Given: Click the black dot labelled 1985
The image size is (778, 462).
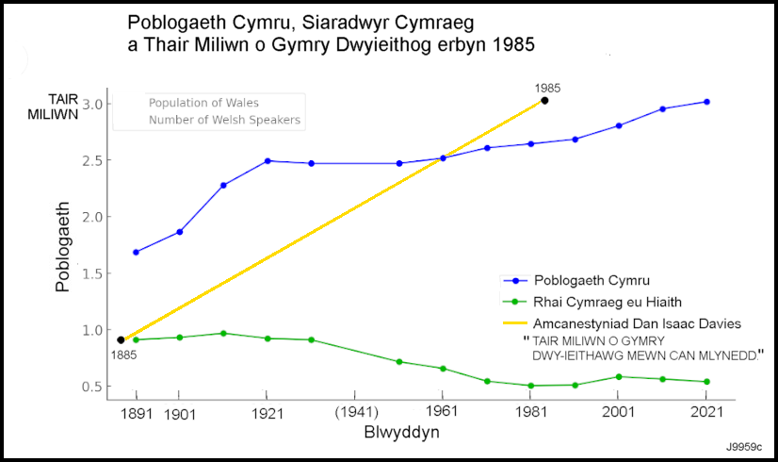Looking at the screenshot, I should (x=544, y=101).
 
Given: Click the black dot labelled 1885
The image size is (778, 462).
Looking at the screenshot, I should (x=121, y=339).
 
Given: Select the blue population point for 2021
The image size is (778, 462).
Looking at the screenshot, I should (x=706, y=102).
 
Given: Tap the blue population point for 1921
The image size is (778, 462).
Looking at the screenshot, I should (x=267, y=161).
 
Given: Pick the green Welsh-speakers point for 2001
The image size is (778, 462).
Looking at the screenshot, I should (x=619, y=376).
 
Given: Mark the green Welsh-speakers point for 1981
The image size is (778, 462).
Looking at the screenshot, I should (x=531, y=386).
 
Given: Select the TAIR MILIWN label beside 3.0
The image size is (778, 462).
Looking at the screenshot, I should (x=43, y=104).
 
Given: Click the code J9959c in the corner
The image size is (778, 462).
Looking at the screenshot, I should (x=744, y=445).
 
